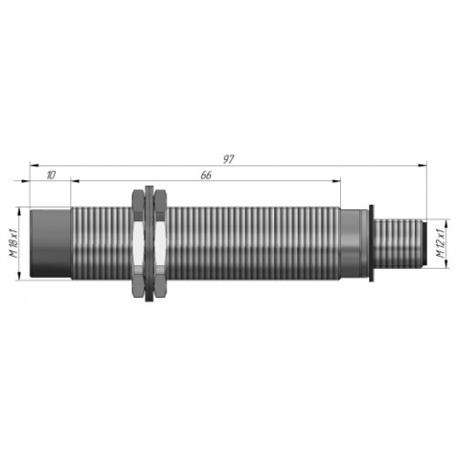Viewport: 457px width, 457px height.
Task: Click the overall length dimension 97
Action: (228, 159)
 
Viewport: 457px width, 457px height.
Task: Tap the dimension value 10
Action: (51, 175)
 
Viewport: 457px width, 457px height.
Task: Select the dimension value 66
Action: (206, 175)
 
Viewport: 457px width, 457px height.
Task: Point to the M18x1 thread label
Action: (15, 244)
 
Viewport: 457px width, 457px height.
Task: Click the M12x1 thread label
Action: (441, 244)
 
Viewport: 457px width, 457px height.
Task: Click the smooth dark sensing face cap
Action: (50, 243)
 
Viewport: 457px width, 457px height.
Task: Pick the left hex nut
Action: (138, 243)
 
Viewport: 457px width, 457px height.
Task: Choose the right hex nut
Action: (160, 243)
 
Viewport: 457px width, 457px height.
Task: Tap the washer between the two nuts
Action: (149, 243)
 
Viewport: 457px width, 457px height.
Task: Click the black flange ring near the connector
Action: (371, 243)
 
